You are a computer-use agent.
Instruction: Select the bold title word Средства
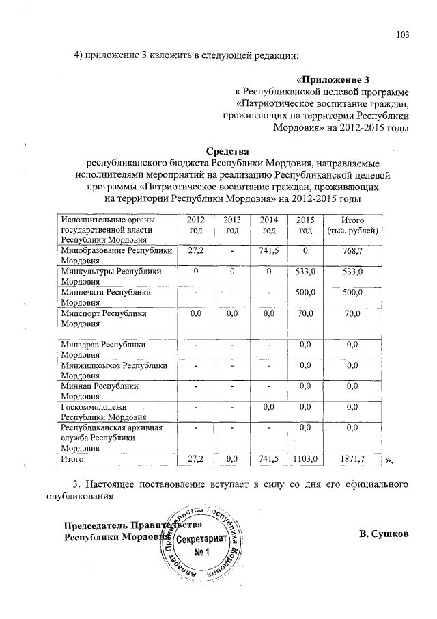click(227, 150)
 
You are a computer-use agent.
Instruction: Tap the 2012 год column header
click(195, 224)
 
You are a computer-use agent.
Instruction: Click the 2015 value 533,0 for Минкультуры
click(305, 272)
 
